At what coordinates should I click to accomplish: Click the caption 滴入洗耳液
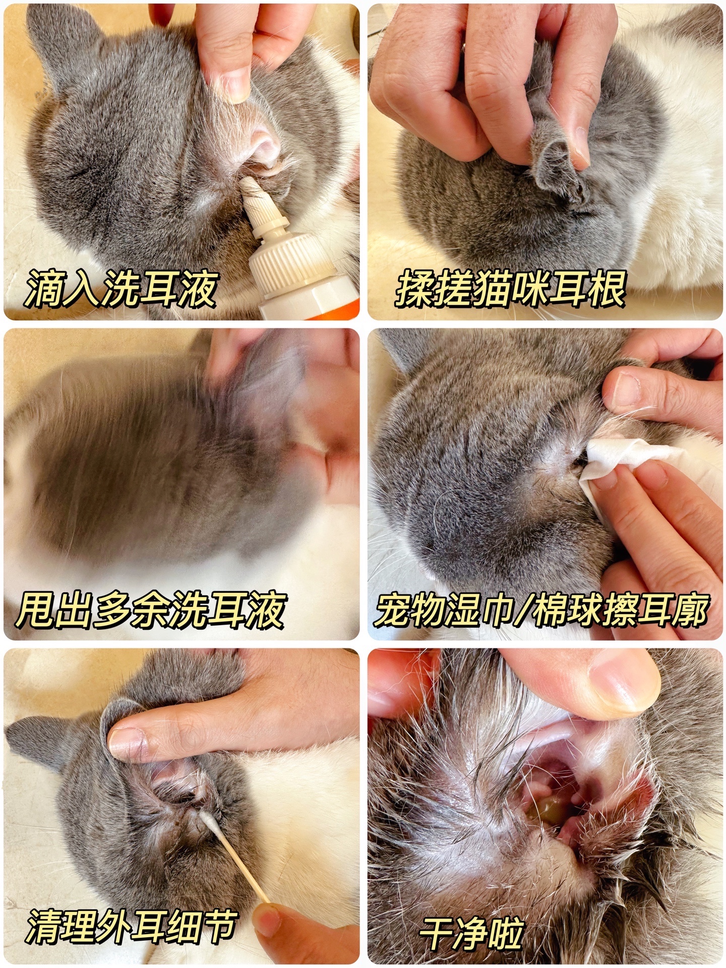pyautogui.click(x=121, y=289)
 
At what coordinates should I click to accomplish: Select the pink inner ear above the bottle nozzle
pyautogui.click(x=265, y=146)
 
